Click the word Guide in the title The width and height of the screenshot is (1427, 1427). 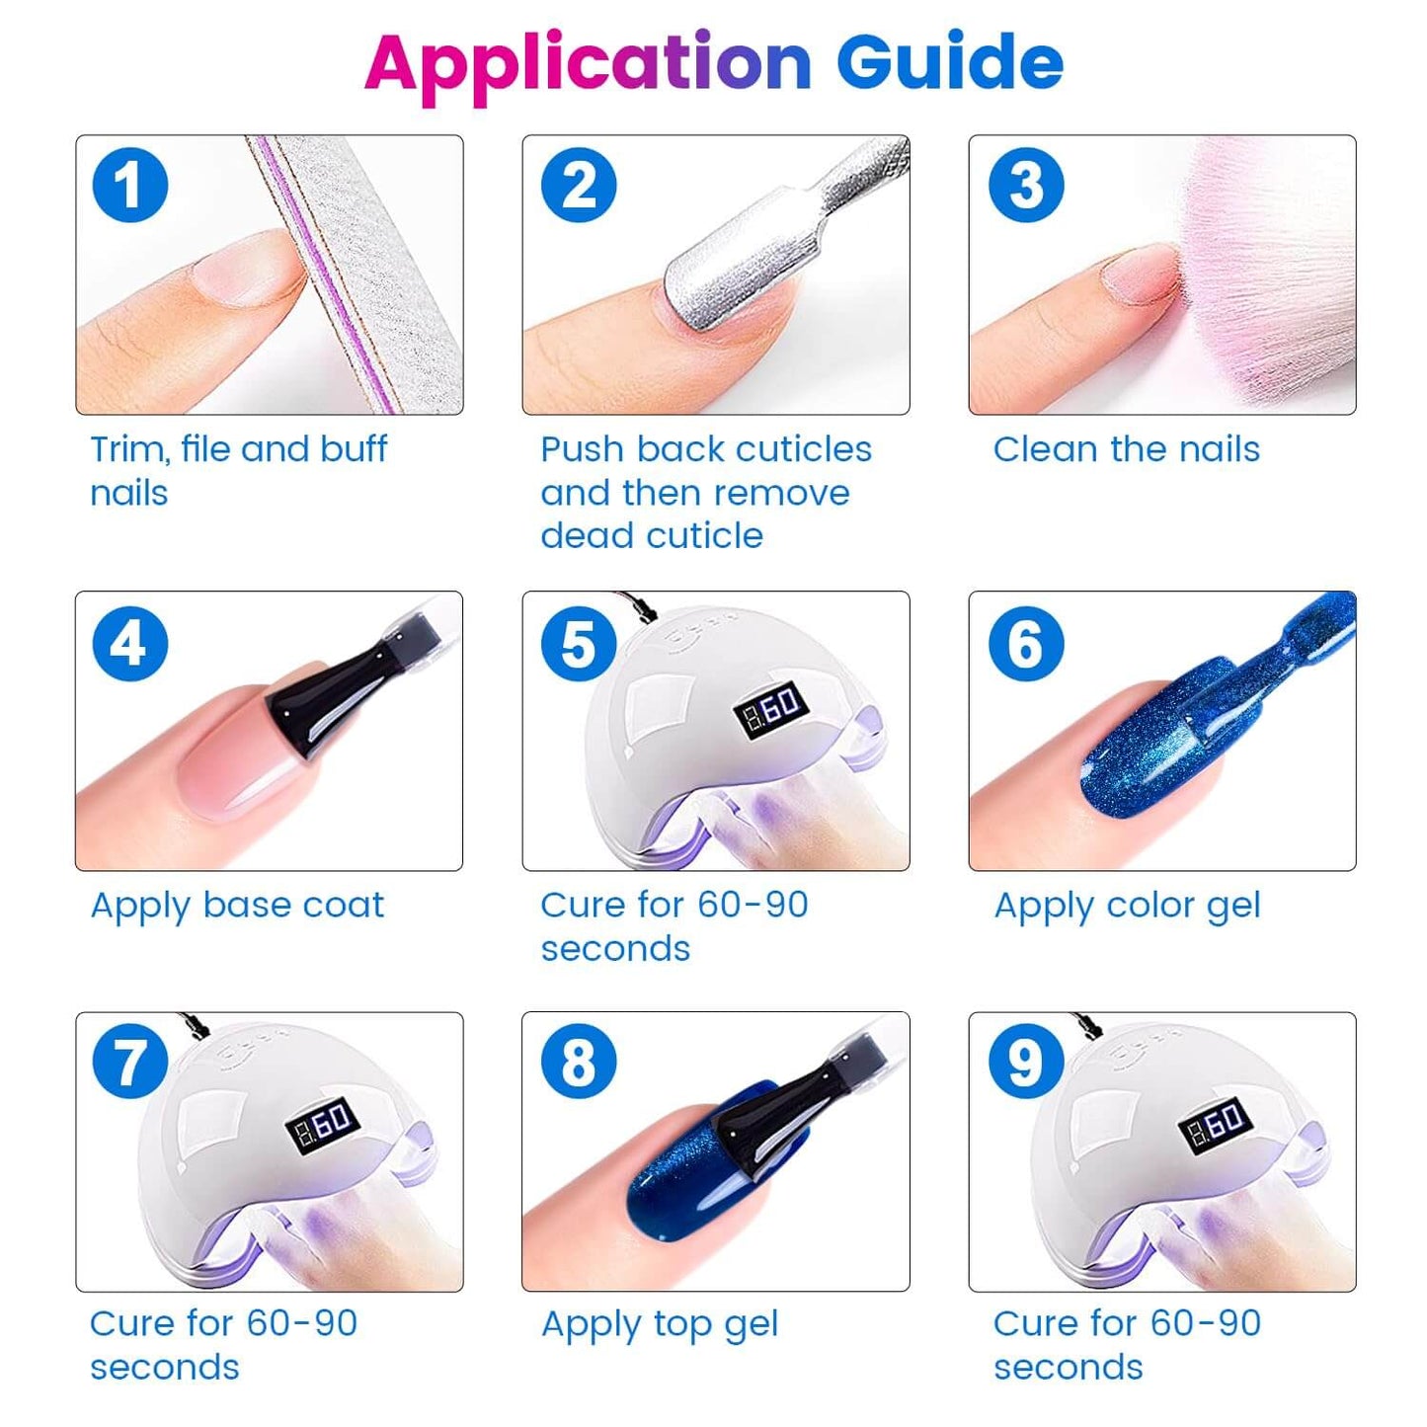point(950,62)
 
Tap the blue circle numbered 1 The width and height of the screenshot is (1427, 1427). point(129,185)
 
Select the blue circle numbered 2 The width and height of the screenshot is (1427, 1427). point(579,185)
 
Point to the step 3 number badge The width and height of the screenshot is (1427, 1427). point(1026,185)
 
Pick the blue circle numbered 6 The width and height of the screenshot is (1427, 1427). point(1026,644)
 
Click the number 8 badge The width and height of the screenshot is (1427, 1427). point(579,1063)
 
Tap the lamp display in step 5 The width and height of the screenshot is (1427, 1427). point(769,706)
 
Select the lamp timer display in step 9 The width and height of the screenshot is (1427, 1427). point(1216,1126)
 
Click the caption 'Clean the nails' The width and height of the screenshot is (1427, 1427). point(1127,449)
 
